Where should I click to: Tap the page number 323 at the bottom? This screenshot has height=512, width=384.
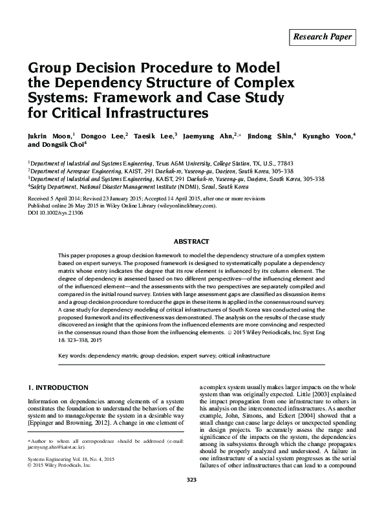pyautogui.click(x=191, y=496)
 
